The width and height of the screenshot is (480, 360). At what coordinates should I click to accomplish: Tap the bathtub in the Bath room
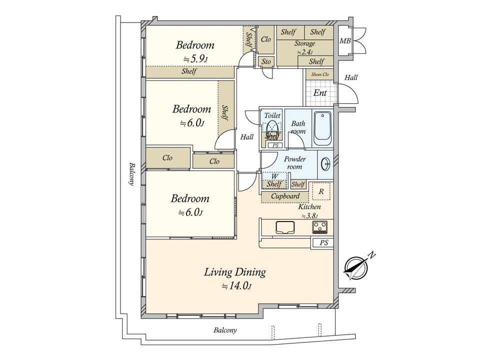322,128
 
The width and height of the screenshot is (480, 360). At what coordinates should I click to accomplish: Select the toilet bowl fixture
272,126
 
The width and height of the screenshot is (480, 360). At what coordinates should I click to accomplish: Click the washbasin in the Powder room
325,164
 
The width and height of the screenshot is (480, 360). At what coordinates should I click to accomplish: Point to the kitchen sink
285,227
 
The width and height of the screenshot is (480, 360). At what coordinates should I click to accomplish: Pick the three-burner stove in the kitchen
320,227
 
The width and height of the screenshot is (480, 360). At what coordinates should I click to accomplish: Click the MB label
345,40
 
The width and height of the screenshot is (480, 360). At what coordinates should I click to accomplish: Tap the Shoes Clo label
320,74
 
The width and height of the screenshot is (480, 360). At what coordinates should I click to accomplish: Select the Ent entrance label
320,93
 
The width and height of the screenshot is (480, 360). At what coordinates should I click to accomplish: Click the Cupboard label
285,196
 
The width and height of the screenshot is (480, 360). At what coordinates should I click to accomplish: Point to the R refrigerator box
321,191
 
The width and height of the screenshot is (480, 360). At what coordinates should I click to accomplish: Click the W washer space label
274,176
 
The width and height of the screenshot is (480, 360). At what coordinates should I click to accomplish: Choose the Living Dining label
235,272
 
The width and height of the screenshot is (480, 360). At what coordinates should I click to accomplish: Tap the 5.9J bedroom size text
196,59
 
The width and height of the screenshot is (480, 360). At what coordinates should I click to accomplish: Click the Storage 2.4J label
305,47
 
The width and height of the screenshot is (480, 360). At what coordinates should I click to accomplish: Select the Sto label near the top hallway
266,61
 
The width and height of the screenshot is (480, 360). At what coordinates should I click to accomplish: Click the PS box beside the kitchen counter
323,243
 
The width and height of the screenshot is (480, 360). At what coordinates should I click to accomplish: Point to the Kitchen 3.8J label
309,211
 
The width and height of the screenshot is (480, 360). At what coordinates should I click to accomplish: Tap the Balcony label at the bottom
225,330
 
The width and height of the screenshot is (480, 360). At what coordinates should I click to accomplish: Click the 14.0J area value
237,286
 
